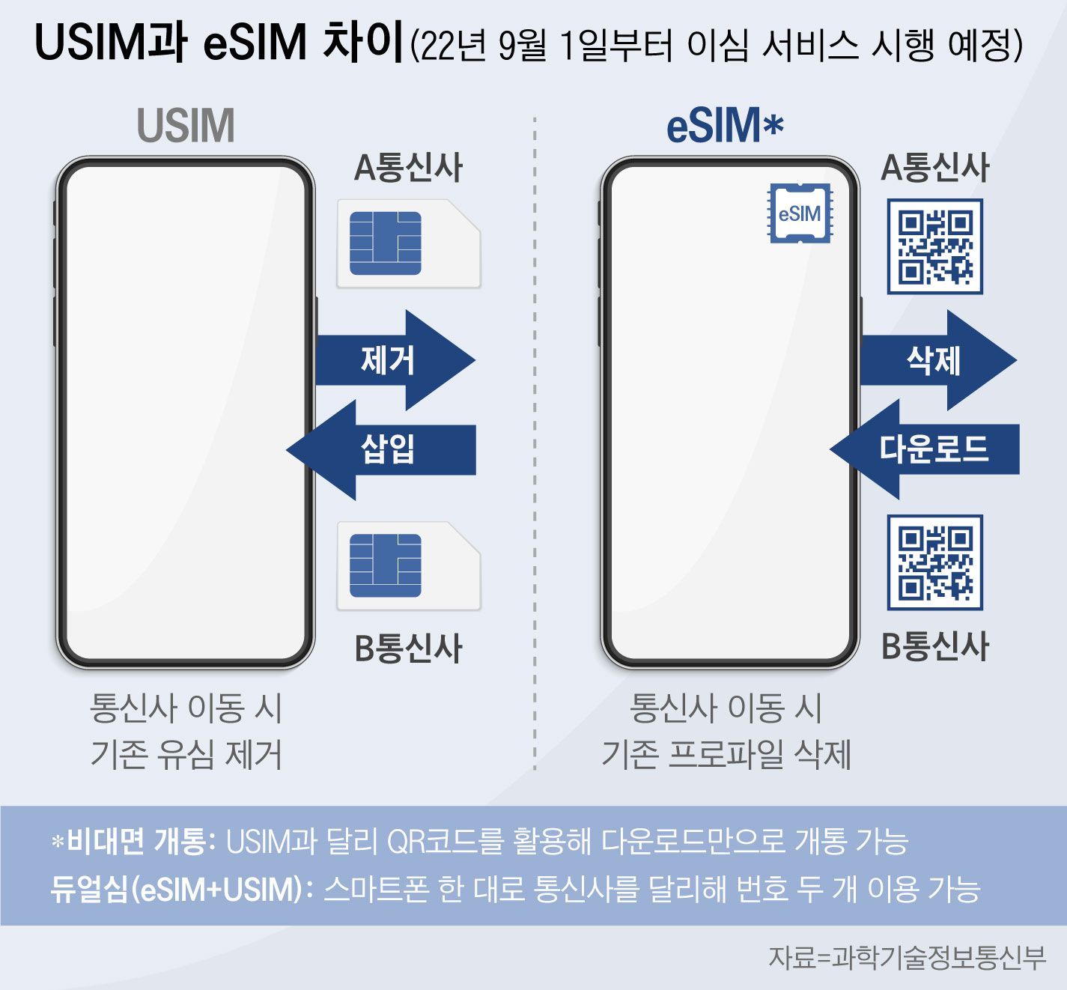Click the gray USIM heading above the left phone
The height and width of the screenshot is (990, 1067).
(186, 125)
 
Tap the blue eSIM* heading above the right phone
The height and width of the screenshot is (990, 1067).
(724, 125)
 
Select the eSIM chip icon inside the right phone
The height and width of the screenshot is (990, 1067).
(800, 213)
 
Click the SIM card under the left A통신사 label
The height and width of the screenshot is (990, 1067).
(408, 243)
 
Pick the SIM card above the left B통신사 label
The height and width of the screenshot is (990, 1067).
(408, 565)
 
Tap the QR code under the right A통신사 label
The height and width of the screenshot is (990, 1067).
(934, 246)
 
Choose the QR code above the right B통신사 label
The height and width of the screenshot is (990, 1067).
(934, 562)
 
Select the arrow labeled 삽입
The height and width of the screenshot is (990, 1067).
(382, 449)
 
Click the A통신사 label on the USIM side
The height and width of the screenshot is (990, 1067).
(408, 168)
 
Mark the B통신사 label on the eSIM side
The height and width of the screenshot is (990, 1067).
(934, 646)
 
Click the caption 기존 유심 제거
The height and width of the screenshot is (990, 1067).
(186, 754)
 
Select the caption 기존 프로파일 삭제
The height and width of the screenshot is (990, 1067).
(726, 754)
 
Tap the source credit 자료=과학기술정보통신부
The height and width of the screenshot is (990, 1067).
(907, 958)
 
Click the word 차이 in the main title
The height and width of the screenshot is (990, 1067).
(362, 43)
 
